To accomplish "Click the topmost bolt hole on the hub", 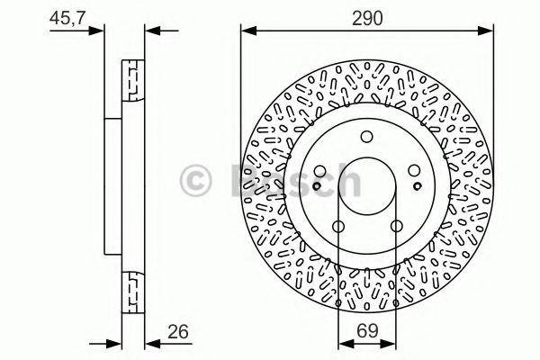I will pos(366,137).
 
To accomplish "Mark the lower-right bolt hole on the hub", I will pos(397,229).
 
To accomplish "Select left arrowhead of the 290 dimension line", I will pos(246,31).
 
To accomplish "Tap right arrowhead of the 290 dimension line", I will pos(489,31).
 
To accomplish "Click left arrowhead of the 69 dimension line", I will pos(342,342).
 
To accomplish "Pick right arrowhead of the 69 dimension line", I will pos(391,342).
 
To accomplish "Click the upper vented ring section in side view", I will pos(132,81).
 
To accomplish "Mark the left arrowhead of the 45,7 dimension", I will pos(102,31).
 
